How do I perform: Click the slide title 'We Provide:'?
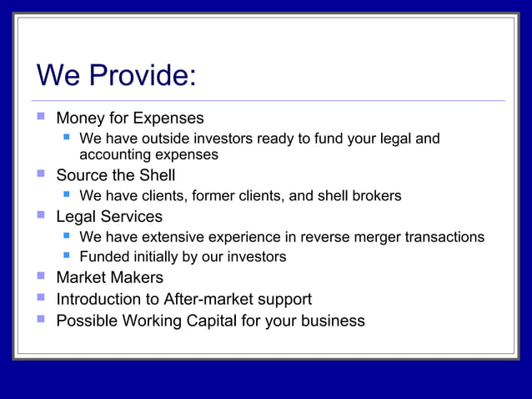pos(116,77)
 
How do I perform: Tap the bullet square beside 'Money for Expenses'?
pos(41,117)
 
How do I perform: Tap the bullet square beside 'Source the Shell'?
pos(41,174)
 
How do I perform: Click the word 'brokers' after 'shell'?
pos(374,196)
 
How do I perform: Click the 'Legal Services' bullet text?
pos(109,216)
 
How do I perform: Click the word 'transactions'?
pos(444,237)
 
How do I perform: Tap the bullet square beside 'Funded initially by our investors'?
pos(66,255)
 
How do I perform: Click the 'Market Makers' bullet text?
pos(109,277)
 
